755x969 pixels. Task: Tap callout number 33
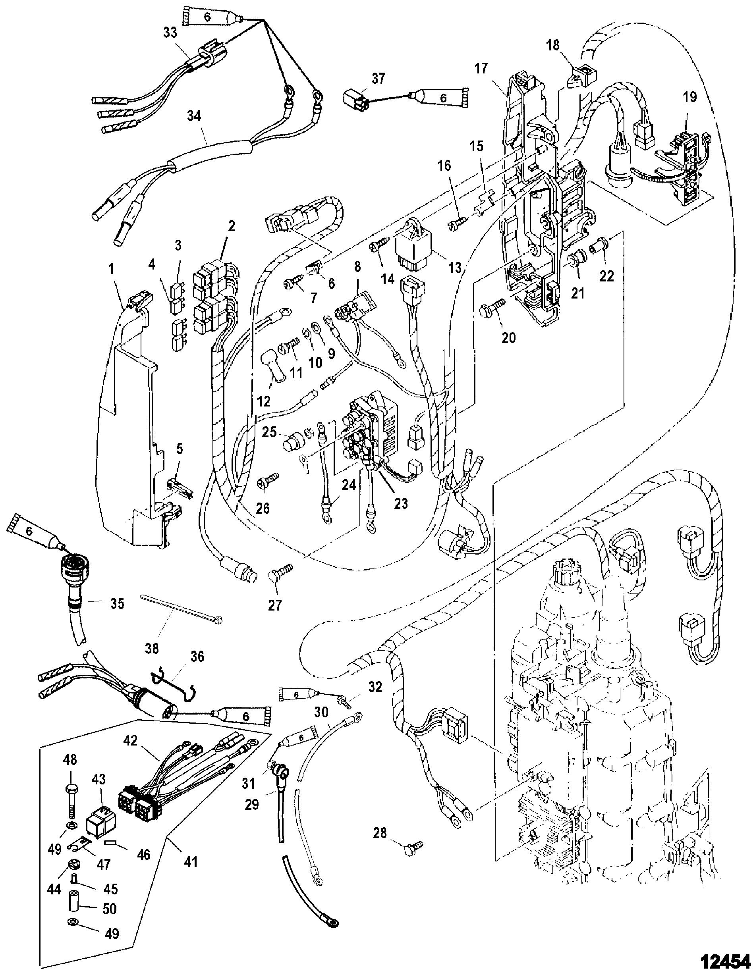coord(170,33)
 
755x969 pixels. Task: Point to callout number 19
coord(689,97)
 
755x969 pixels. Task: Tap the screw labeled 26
coord(267,480)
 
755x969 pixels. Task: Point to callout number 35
coord(117,603)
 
